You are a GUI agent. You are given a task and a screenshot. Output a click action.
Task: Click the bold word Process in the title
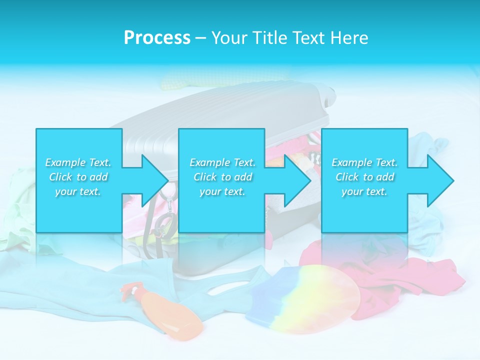(x=157, y=38)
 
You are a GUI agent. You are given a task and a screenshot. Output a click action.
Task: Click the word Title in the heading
(x=270, y=38)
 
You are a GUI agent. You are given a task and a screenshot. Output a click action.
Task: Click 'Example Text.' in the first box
(x=78, y=162)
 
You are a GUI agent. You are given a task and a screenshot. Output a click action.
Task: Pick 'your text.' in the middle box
(x=222, y=191)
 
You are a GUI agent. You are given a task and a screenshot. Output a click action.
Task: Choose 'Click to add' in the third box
(x=364, y=177)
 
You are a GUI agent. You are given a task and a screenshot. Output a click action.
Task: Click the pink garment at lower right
(x=380, y=270)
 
